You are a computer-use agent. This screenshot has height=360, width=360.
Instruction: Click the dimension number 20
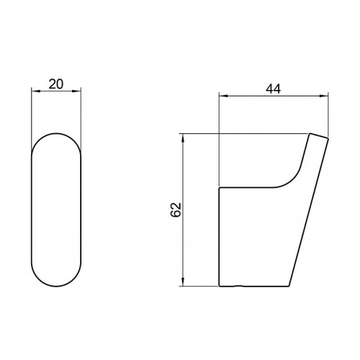coord(56,84)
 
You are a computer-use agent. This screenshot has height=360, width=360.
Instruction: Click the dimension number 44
coord(273,89)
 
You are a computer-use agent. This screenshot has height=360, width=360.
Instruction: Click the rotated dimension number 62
coord(176,210)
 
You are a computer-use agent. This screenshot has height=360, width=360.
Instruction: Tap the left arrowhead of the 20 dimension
coord(35,91)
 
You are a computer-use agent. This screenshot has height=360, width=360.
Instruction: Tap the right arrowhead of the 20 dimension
coord(77,91)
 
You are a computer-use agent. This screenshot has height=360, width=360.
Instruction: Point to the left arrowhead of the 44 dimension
coord(223,96)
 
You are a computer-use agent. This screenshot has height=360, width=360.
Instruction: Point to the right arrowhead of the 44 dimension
coord(324,96)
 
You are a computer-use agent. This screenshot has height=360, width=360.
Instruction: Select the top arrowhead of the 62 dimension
coord(183,138)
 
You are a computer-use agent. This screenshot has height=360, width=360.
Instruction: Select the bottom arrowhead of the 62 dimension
coord(183,282)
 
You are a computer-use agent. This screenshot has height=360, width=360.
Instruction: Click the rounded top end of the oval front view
coord(56,133)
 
